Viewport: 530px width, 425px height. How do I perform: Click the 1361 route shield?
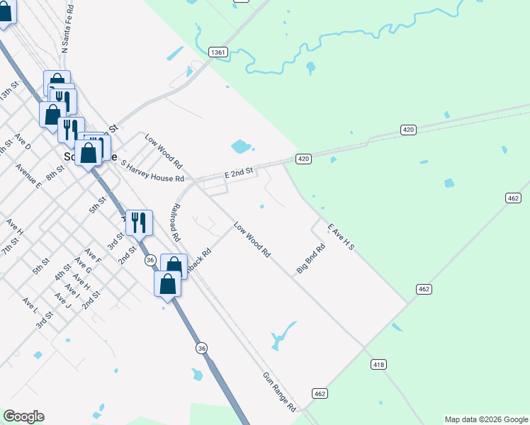pyautogui.click(x=218, y=52)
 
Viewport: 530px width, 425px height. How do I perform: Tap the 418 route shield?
pyautogui.click(x=378, y=364)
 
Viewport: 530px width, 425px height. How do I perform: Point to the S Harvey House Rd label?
pyautogui.click(x=152, y=171)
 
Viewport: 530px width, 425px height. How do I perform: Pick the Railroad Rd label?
pyautogui.click(x=174, y=224)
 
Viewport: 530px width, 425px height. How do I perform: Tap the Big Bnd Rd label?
pyautogui.click(x=311, y=260)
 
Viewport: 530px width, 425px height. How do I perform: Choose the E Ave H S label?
pyautogui.click(x=340, y=237)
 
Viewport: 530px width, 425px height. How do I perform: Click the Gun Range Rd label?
pyautogui.click(x=279, y=392)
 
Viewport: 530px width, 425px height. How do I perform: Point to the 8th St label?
pyautogui.click(x=55, y=172)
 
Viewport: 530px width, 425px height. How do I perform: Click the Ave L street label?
pyautogui.click(x=30, y=305)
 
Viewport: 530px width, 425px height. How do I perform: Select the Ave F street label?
pyautogui.click(x=93, y=256)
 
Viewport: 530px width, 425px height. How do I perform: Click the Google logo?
pyautogui.click(x=23, y=416)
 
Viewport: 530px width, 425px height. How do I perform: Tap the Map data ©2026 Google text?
pyautogui.click(x=486, y=419)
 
